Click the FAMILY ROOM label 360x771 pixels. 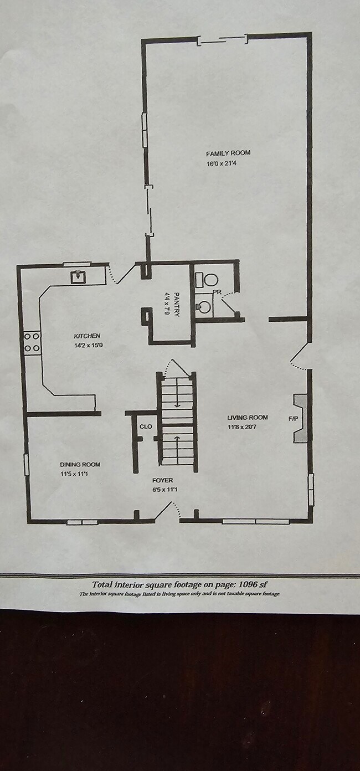coord(228,153)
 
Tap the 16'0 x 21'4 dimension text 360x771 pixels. coord(222,163)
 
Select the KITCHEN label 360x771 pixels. coord(88,336)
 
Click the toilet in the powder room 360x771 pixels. coord(206,279)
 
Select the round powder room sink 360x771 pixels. coord(203,306)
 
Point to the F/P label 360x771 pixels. coord(293,419)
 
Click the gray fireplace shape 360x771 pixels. coord(300,418)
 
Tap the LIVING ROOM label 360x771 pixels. coord(248,418)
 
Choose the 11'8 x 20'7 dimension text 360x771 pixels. coord(242,427)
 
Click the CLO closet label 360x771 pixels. coord(146,426)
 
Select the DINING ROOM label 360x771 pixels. coord(80,464)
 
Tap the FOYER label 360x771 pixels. coord(163,480)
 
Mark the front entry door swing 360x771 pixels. coord(168,511)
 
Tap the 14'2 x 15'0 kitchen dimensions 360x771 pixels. coord(89,346)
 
